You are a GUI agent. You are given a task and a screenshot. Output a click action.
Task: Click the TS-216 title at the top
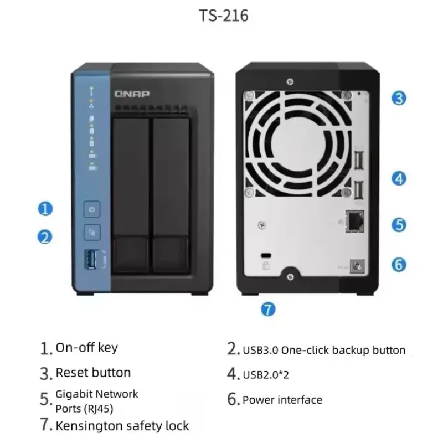coord(224,16)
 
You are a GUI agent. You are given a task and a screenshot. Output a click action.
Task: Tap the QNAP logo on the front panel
coord(132,94)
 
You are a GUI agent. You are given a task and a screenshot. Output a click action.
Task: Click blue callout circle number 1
coord(45,209)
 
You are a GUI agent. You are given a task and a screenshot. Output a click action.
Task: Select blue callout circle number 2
coord(45,237)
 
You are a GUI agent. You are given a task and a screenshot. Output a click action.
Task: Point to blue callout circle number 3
coord(399,99)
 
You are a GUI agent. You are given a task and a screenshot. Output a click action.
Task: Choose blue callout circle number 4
coord(399,178)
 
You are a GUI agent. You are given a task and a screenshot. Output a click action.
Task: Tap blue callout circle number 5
coord(399,224)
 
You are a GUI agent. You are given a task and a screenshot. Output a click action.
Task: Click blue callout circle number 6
coord(399,264)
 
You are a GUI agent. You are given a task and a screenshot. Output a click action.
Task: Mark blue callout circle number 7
coord(268,309)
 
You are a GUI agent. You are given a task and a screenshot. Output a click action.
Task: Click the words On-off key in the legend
coord(86,348)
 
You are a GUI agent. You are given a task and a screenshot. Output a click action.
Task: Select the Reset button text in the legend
coord(93,373)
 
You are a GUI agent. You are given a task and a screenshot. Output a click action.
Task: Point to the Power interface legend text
coord(282,399)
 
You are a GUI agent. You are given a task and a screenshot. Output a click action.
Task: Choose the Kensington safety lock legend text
coord(122,425)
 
